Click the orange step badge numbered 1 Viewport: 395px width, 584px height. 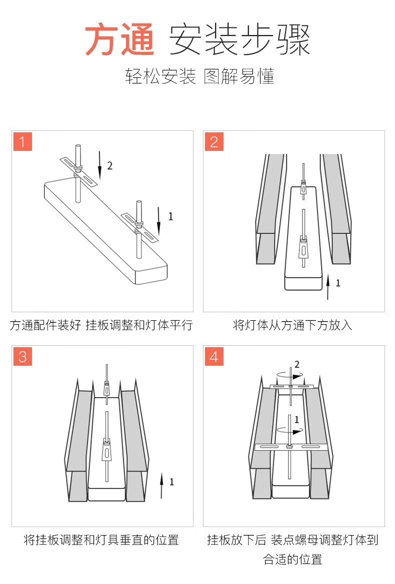coord(22,141)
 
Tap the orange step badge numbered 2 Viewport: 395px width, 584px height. coord(214,141)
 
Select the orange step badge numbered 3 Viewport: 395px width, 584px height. coord(22,356)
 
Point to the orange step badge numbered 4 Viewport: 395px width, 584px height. coord(214,357)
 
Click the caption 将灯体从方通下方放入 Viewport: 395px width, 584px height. coord(293,325)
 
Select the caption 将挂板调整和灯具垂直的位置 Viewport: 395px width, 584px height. coord(101,540)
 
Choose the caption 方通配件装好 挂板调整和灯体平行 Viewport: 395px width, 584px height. coord(101,325)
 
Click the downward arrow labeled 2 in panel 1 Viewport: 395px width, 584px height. coord(100,165)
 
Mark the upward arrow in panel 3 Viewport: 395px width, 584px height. coord(161,485)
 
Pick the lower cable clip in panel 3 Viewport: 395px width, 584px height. coord(107,450)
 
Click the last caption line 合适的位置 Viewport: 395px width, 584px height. coord(293,559)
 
